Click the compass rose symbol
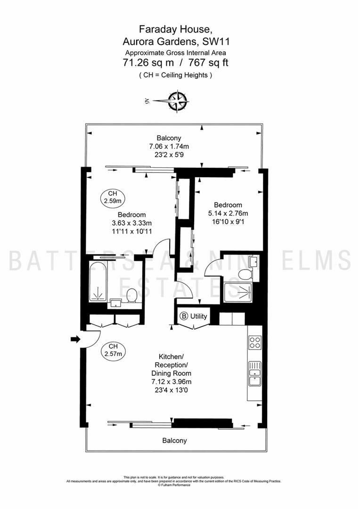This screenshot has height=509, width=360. [x=177, y=101]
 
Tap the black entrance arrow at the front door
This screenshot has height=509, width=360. [x=75, y=339]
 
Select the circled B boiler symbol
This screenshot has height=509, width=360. [x=184, y=316]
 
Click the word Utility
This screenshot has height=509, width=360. [x=199, y=316]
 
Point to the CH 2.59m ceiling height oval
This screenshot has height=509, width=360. [x=113, y=197]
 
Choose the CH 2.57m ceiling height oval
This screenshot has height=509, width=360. [x=113, y=351]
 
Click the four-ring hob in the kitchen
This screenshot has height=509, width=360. [x=255, y=342]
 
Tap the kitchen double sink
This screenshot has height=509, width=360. [x=255, y=373]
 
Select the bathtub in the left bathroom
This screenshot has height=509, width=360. [x=98, y=281]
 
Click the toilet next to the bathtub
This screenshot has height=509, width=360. [x=132, y=295]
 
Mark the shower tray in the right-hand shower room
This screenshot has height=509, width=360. [x=237, y=293]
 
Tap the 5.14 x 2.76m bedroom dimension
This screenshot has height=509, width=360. [x=228, y=213]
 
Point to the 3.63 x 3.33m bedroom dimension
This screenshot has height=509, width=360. [x=131, y=223]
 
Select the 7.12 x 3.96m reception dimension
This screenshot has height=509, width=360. [x=172, y=382]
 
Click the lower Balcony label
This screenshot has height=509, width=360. [x=175, y=441]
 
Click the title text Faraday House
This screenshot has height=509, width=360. [x=176, y=30]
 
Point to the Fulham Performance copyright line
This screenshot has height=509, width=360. [x=174, y=485]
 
